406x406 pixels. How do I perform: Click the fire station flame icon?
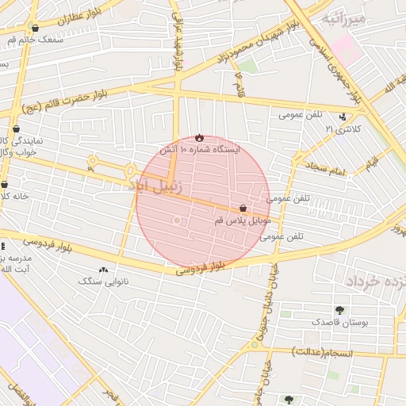click(198, 137)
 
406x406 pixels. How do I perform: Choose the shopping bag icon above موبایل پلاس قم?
click(243, 209)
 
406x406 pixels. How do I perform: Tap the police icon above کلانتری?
click(343, 117)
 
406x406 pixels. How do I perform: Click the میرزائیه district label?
click(342, 17)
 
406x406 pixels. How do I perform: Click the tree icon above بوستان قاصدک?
click(340, 310)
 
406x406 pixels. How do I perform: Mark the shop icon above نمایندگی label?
click(17, 128)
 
